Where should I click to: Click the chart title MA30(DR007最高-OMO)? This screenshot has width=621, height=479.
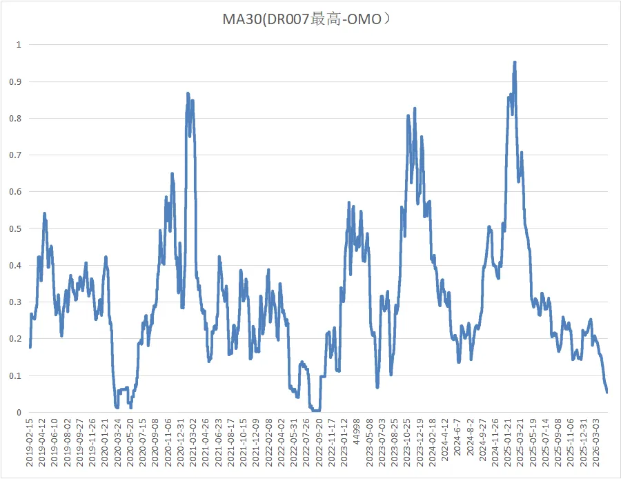click(x=306, y=19)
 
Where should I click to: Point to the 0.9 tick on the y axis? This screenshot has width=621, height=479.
click(x=15, y=82)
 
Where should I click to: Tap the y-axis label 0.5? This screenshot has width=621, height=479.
click(x=15, y=229)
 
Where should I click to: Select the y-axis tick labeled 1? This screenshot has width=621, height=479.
click(x=19, y=45)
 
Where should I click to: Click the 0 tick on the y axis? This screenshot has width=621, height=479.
click(x=19, y=413)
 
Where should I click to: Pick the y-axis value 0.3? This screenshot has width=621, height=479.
click(x=15, y=302)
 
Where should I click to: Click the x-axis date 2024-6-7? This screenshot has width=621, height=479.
click(x=457, y=437)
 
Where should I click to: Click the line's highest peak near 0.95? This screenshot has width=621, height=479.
click(x=515, y=62)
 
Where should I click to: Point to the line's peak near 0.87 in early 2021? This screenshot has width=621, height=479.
click(x=188, y=93)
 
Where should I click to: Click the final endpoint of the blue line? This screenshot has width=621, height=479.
click(x=607, y=392)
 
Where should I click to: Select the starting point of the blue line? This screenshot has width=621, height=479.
click(x=30, y=347)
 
